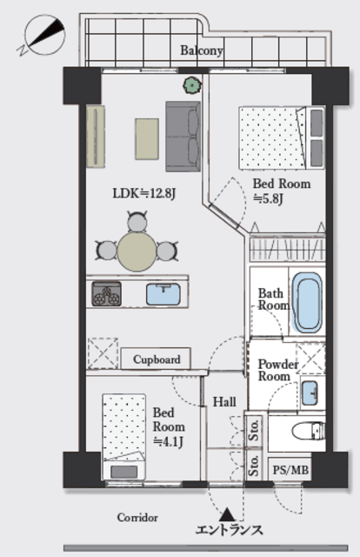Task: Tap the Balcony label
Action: [201, 50]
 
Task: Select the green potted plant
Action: [191, 85]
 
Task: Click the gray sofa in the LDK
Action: [183, 137]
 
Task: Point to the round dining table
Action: [137, 252]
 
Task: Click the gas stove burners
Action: [106, 294]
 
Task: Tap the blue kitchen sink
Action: [163, 294]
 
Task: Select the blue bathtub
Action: [307, 303]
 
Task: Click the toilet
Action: [308, 431]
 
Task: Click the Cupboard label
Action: [157, 359]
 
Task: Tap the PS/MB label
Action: [290, 470]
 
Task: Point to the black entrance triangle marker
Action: [227, 514]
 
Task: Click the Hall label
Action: [224, 402]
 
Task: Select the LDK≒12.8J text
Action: [144, 193]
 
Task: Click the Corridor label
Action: [137, 518]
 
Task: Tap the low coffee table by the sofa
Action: [147, 139]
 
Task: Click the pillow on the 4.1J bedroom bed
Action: [123, 472]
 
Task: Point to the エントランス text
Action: [230, 530]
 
